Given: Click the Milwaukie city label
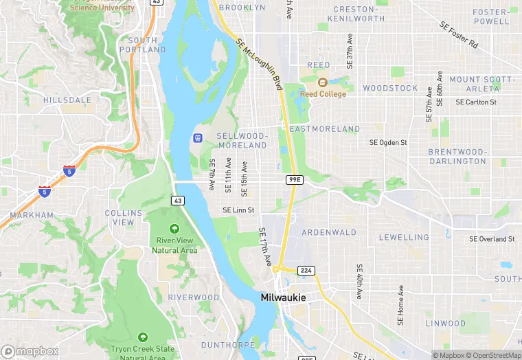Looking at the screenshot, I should click(x=283, y=297).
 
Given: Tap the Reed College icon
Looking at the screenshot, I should click(x=322, y=82).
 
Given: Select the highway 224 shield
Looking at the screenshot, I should click(x=306, y=271).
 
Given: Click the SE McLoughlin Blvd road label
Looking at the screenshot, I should click(x=260, y=65).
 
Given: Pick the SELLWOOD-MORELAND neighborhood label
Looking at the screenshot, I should click(x=242, y=141).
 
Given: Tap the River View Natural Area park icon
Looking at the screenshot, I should click(x=174, y=229).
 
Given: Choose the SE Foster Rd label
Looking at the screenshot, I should click(x=459, y=34).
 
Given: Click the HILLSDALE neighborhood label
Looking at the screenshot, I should click(x=67, y=100).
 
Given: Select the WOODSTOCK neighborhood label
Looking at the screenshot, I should click(x=390, y=89).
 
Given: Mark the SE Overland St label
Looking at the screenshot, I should click(x=492, y=239).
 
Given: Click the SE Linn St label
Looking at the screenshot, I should click(x=238, y=210).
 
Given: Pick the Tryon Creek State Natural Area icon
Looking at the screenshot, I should click(x=142, y=337).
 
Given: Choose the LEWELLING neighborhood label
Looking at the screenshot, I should click(x=404, y=238).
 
